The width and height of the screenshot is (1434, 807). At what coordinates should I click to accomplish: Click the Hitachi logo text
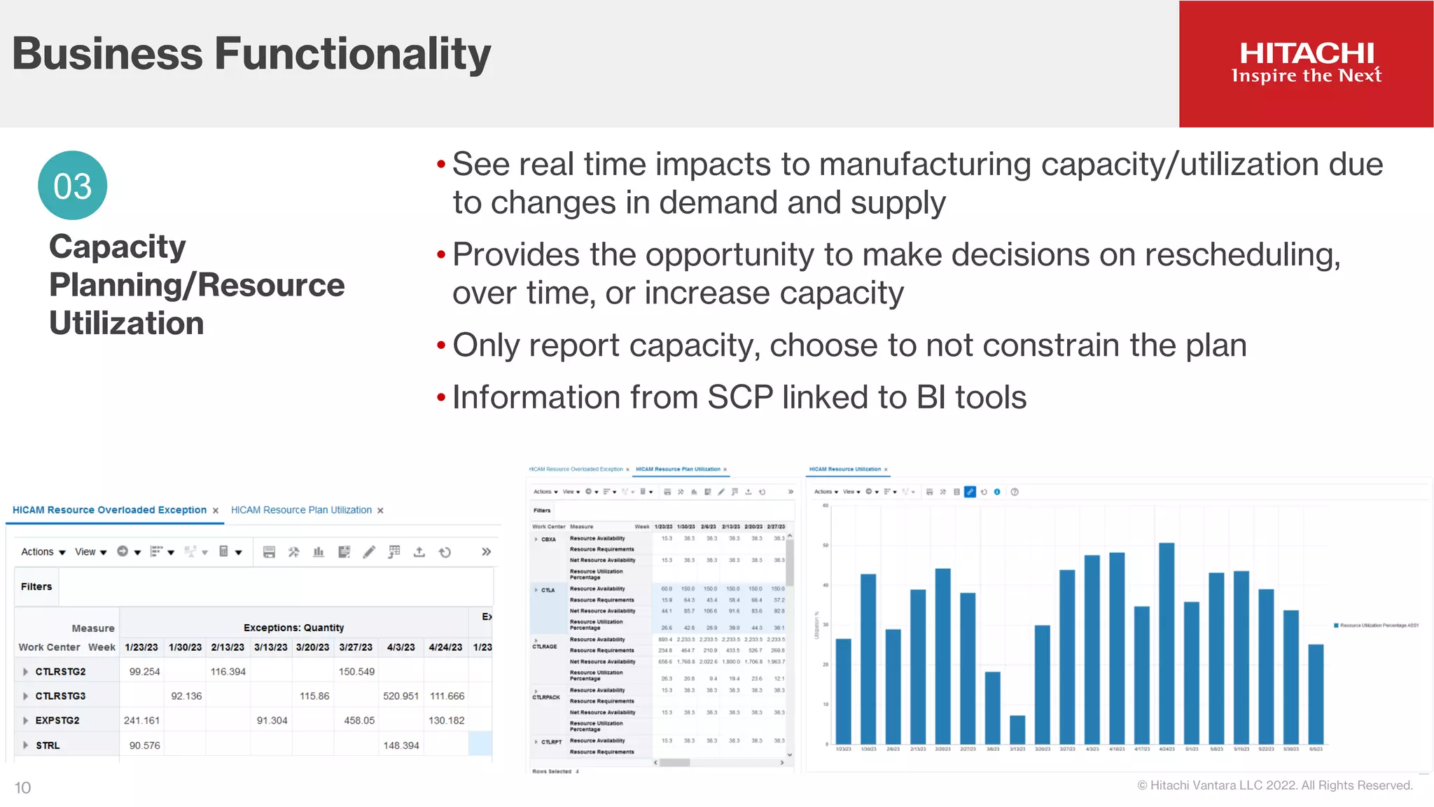pos(1307,54)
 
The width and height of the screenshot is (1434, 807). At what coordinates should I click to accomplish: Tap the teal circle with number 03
pos(72,186)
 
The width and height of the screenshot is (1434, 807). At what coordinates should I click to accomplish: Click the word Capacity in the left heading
pos(117,247)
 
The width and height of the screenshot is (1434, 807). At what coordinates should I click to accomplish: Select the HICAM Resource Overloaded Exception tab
pos(109,510)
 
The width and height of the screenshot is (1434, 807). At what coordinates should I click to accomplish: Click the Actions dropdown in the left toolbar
pos(43,552)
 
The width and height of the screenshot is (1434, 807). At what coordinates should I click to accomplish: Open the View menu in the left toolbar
pos(90,552)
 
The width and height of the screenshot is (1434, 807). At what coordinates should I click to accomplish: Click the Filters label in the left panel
pos(36,587)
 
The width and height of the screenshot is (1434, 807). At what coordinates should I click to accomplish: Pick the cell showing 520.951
pos(401,696)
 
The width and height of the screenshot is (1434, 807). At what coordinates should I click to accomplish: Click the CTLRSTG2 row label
pos(60,672)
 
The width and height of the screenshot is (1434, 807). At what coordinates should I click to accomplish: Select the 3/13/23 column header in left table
pos(270,647)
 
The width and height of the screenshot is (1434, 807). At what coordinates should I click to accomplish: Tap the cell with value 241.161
pos(141,720)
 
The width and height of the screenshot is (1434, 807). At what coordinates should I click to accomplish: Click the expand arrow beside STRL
pos(26,745)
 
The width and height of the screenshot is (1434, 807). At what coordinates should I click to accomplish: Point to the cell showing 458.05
pos(359,720)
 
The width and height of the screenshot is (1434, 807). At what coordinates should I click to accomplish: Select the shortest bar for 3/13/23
pos(1017,729)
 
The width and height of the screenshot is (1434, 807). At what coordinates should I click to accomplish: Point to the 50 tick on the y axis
pos(826,545)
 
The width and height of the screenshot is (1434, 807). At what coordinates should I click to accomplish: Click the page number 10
pos(22,788)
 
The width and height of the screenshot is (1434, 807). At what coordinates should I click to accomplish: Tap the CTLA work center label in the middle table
pos(548,590)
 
